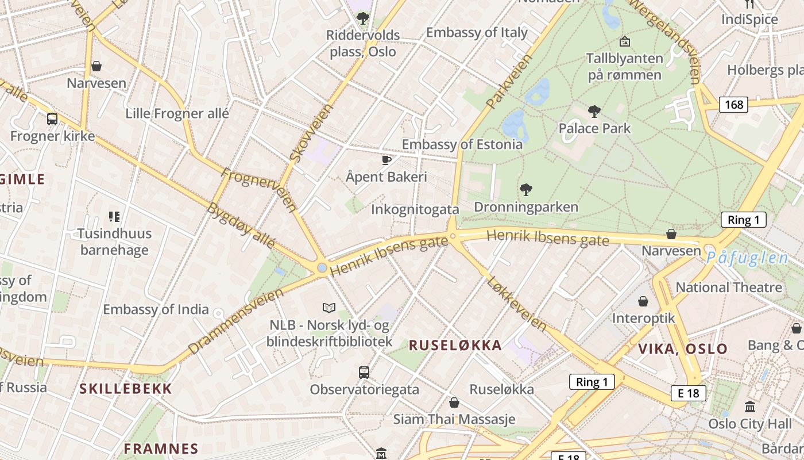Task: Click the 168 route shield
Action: point(733,104)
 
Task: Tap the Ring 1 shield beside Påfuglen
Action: point(743,219)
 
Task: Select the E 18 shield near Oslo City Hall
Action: point(688,393)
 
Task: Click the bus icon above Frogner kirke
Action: point(52,119)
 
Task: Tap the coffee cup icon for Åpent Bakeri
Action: point(386,159)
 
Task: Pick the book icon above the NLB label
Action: point(329,308)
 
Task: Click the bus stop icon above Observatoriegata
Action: point(364,372)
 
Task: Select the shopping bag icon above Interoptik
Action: point(643,301)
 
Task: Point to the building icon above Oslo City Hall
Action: point(750,407)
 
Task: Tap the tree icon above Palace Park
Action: point(594,111)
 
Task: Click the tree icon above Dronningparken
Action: point(525,189)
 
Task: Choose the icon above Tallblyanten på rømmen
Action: point(624,41)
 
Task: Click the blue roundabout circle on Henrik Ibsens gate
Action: point(322,267)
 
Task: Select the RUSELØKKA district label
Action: point(455,345)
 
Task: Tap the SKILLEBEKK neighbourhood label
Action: point(126,388)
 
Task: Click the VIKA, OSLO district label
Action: point(683,348)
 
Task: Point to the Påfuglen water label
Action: point(747,258)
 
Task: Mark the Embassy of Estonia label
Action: point(462,144)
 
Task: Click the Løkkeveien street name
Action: point(516,302)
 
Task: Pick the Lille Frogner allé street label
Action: point(177,113)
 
